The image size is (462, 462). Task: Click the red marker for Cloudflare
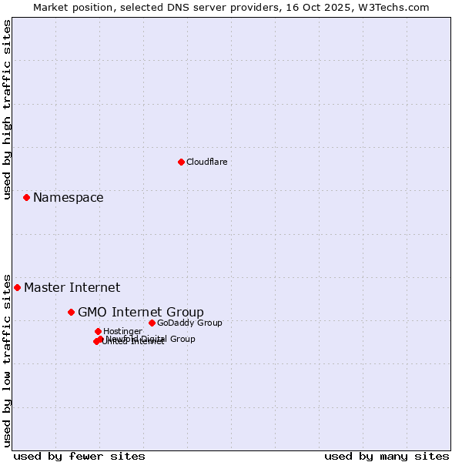[x=181, y=162]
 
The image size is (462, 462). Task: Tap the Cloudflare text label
[x=206, y=162]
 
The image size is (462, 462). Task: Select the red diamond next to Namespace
[x=26, y=198]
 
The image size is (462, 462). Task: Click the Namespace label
[x=68, y=198]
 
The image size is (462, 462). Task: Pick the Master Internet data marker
[x=17, y=287]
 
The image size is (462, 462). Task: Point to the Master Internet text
[x=72, y=288]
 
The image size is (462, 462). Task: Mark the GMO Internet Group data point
[x=71, y=312]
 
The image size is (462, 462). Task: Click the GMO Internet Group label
[x=141, y=312]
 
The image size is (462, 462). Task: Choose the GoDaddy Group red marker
[x=152, y=323]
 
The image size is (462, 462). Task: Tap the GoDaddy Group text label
[x=189, y=323]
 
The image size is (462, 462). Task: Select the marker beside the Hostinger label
[x=98, y=331]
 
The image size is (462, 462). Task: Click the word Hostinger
[x=122, y=331]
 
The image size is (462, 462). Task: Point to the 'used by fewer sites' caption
[x=79, y=456]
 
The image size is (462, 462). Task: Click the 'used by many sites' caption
[x=387, y=456]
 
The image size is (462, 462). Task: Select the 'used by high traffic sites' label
[x=7, y=109]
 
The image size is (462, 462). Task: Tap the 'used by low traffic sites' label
[x=7, y=360]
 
